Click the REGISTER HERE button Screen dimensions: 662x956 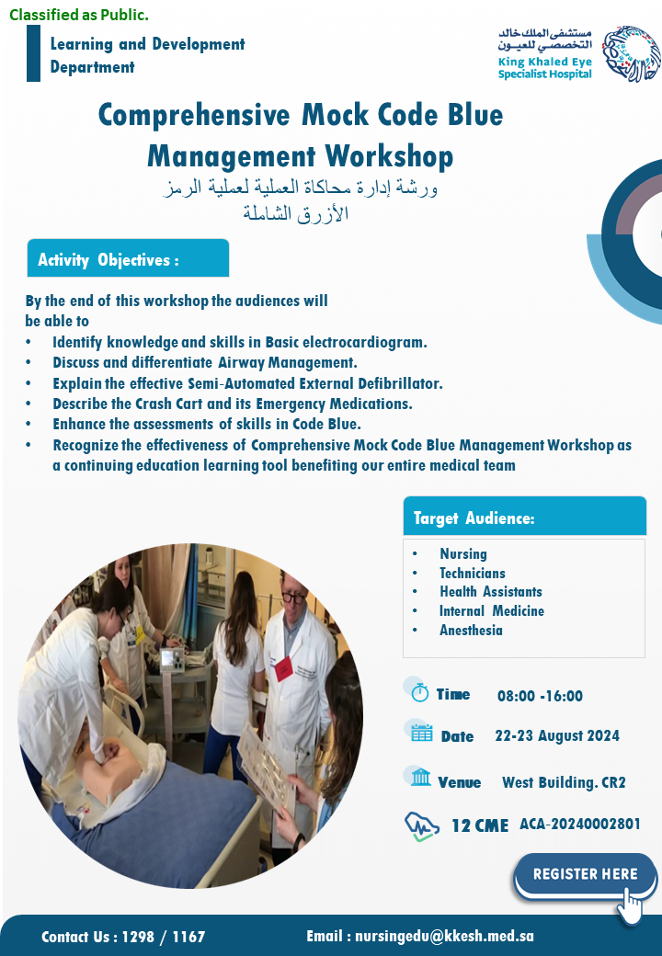coord(585,875)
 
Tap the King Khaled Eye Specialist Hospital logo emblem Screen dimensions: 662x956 coord(631,53)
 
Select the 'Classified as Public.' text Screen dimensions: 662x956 coord(79,16)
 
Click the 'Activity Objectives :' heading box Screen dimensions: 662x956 coord(128,258)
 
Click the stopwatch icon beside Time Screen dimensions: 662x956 coord(419,692)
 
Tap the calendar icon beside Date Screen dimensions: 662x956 coord(421,733)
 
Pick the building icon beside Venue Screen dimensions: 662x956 coord(420,778)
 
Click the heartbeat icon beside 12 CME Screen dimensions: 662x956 coord(422,826)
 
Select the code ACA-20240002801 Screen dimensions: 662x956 coord(579,825)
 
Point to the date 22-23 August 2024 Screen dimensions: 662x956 coord(557,736)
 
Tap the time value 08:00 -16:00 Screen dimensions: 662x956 coord(540,696)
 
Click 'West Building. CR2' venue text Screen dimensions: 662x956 coord(564,782)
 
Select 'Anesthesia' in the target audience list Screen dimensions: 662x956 coord(471,631)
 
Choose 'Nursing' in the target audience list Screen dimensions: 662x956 coord(463,553)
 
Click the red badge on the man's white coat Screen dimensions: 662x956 coord(283,669)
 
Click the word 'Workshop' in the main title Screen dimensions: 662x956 coord(389,156)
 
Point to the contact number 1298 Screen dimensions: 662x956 coord(138,937)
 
